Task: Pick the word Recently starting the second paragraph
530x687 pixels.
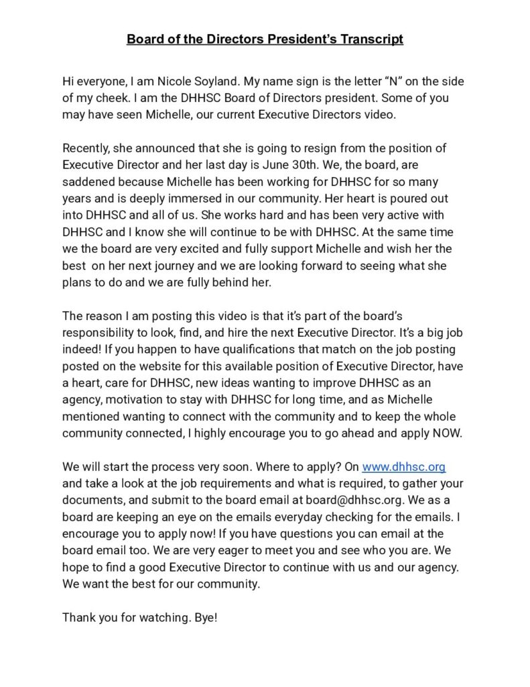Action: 86,148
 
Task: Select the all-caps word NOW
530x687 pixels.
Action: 446,433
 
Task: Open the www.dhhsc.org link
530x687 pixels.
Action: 403,466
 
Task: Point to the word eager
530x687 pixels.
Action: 262,550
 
